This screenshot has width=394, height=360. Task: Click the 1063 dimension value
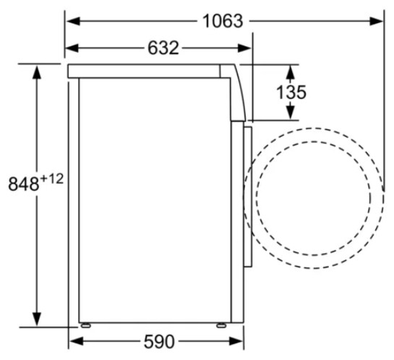(223, 21)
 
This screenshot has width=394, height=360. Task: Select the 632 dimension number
(163, 48)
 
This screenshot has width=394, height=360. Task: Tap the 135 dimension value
(291, 93)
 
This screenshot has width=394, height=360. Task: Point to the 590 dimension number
(159, 341)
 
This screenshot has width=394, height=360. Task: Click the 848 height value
(24, 184)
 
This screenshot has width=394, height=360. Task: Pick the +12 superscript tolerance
(51, 179)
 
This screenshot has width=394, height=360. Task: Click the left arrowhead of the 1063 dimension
(73, 21)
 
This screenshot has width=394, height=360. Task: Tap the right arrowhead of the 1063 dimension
(376, 21)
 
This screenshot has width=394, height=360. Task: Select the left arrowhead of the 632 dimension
(72, 48)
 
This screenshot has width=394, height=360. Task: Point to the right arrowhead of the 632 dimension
(244, 48)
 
